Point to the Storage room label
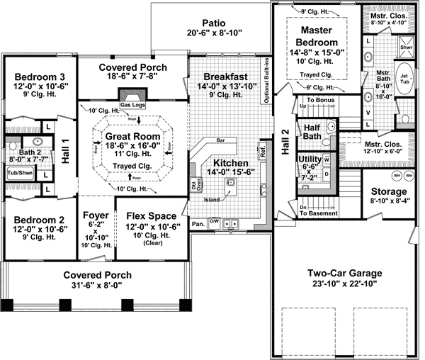389,191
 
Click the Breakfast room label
225,76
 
